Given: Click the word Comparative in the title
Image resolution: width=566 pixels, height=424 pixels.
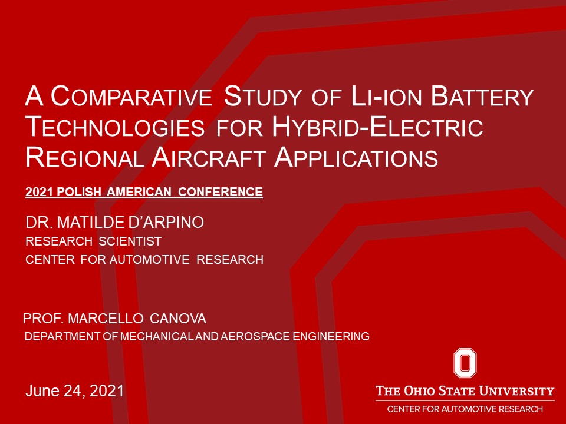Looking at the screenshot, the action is click(x=131, y=96).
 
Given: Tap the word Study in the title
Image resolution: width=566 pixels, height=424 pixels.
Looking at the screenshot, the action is click(x=262, y=96).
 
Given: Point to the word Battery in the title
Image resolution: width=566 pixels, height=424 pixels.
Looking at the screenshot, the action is click(x=483, y=96).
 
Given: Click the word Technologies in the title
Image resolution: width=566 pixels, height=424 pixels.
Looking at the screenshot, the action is click(x=115, y=127).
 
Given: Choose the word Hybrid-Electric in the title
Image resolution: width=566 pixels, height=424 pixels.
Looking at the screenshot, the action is click(x=377, y=127).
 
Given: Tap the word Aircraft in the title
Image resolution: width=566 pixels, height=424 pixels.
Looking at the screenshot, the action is click(x=209, y=158).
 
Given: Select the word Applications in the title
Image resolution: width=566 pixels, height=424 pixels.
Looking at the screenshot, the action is click(x=356, y=158).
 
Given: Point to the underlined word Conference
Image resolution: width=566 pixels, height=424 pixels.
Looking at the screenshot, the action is click(x=220, y=192).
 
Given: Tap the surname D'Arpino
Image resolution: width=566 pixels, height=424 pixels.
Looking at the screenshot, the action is click(x=166, y=222).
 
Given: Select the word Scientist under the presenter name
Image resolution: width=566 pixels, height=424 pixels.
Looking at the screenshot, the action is click(x=130, y=241).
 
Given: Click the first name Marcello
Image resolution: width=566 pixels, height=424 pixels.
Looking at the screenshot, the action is click(x=106, y=319).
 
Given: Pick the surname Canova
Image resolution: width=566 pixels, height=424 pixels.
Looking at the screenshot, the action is click(x=177, y=319).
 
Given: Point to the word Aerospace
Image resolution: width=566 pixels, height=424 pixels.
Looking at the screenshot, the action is click(x=255, y=336).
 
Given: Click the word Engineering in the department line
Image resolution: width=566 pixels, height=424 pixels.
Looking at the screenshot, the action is click(x=331, y=336).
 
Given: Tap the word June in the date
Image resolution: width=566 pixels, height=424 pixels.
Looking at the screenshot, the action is click(x=42, y=391).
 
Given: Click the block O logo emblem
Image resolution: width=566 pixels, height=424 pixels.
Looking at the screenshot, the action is click(x=465, y=363).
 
